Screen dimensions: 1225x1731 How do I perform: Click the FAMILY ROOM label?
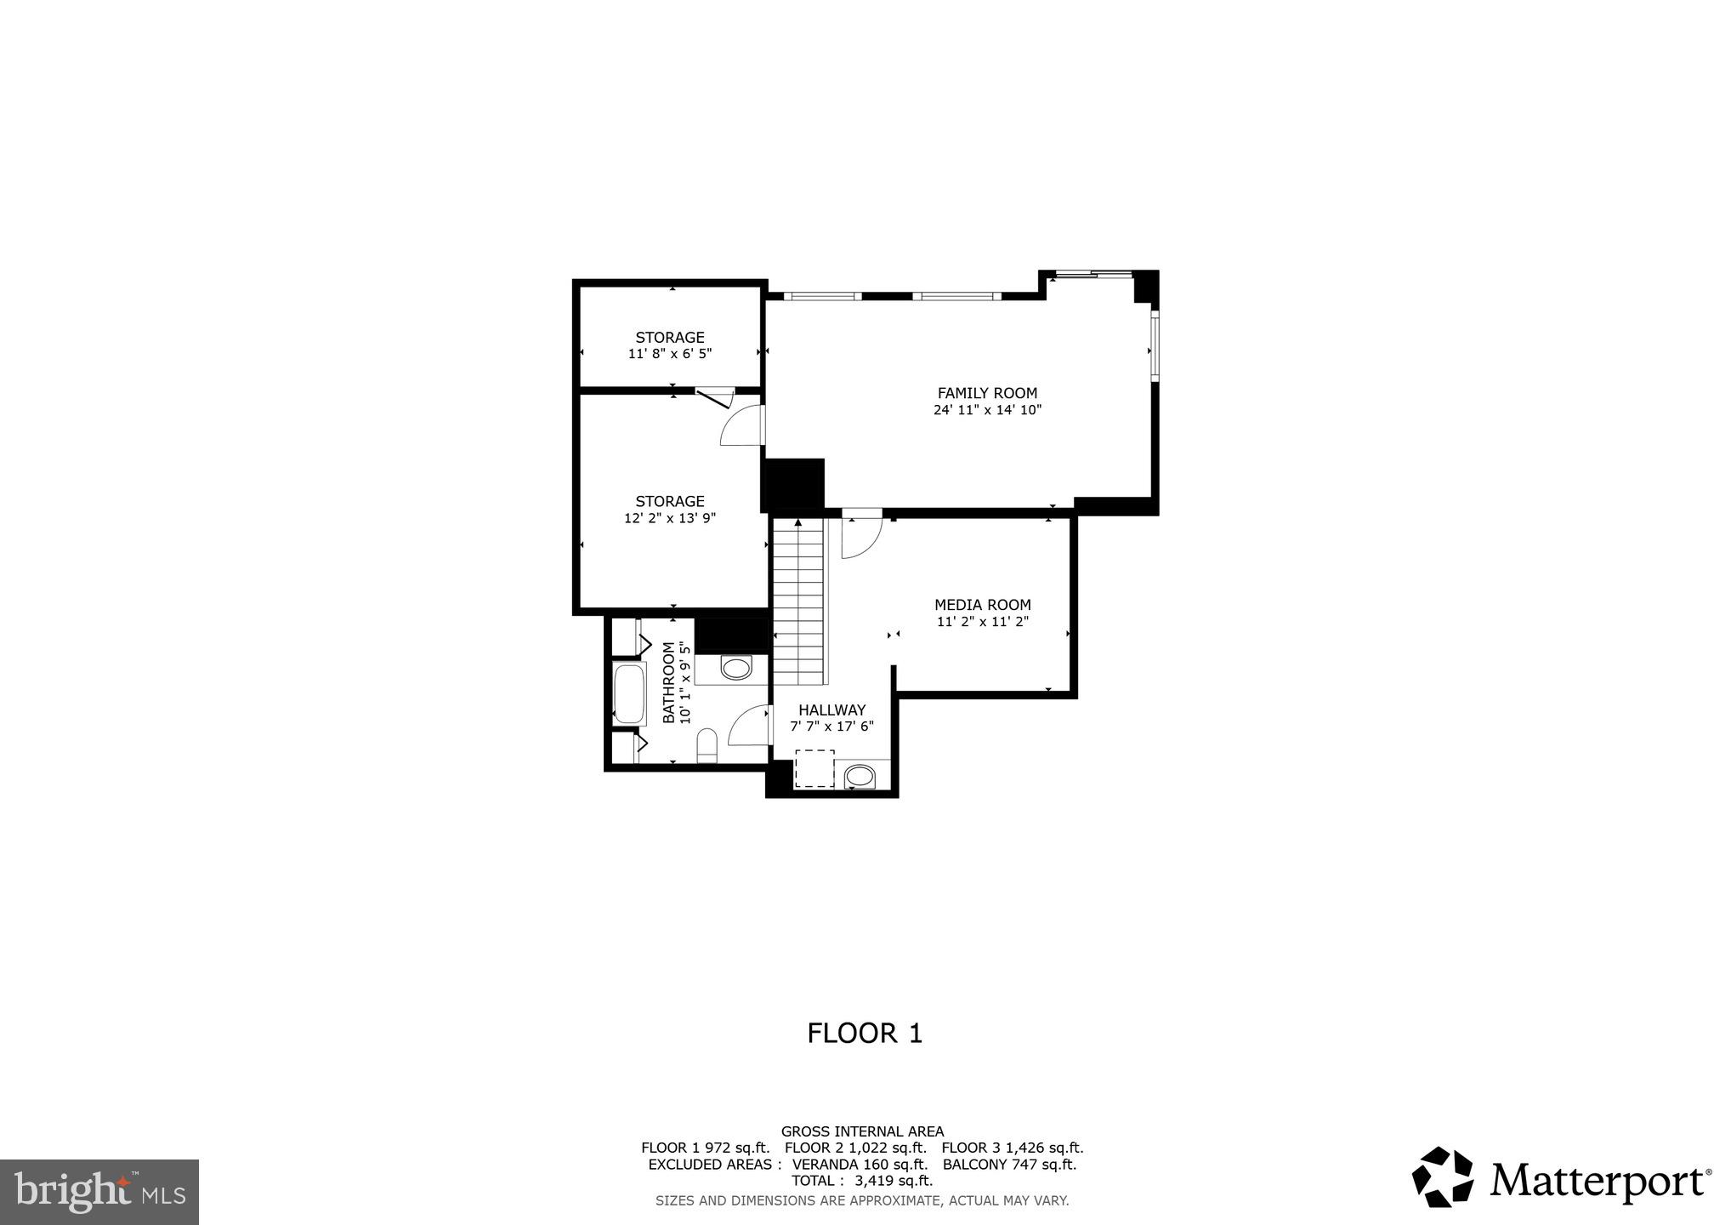click(986, 393)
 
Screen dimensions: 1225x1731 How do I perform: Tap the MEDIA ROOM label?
click(982, 605)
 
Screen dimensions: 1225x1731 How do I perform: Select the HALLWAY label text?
click(831, 710)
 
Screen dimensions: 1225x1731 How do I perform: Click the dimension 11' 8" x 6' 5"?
click(669, 354)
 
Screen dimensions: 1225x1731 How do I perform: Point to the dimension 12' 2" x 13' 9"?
click(669, 518)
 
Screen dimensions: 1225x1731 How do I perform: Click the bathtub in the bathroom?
click(629, 693)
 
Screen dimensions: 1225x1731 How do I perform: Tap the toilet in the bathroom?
click(707, 749)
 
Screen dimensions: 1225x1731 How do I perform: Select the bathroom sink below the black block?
click(736, 669)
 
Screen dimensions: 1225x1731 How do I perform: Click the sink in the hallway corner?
click(860, 777)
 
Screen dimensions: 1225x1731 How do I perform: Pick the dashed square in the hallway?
click(814, 768)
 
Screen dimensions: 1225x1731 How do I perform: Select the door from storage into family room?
click(742, 425)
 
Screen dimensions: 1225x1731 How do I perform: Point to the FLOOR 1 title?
click(865, 1034)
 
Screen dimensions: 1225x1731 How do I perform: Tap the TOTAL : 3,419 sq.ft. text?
click(861, 1181)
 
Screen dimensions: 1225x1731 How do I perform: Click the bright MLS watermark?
click(99, 1192)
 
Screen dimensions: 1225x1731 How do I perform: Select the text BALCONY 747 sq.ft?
click(1009, 1165)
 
